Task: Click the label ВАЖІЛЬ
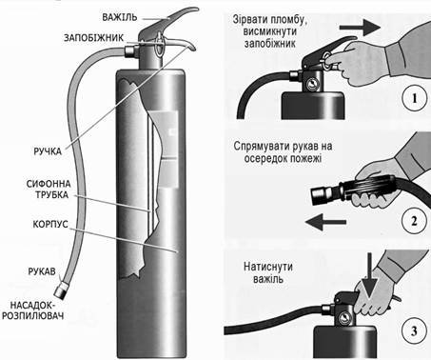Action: pyautogui.click(x=119, y=17)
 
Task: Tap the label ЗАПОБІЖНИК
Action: pyautogui.click(x=93, y=38)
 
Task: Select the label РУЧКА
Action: pyautogui.click(x=48, y=151)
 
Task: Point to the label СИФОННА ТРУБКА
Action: pyautogui.click(x=49, y=190)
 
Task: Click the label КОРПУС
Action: pyautogui.click(x=50, y=224)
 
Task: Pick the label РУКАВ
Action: pyautogui.click(x=42, y=271)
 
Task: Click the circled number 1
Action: pyautogui.click(x=414, y=99)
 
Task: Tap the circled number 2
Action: pyautogui.click(x=414, y=221)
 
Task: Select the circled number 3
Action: pyautogui.click(x=414, y=331)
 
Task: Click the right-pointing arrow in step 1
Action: pyautogui.click(x=360, y=28)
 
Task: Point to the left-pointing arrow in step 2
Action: pyautogui.click(x=325, y=222)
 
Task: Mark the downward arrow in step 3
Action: pyautogui.click(x=370, y=275)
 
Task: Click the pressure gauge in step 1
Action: pyautogui.click(x=312, y=84)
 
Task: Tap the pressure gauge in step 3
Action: pyautogui.click(x=343, y=318)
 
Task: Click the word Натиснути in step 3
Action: pyautogui.click(x=268, y=267)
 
